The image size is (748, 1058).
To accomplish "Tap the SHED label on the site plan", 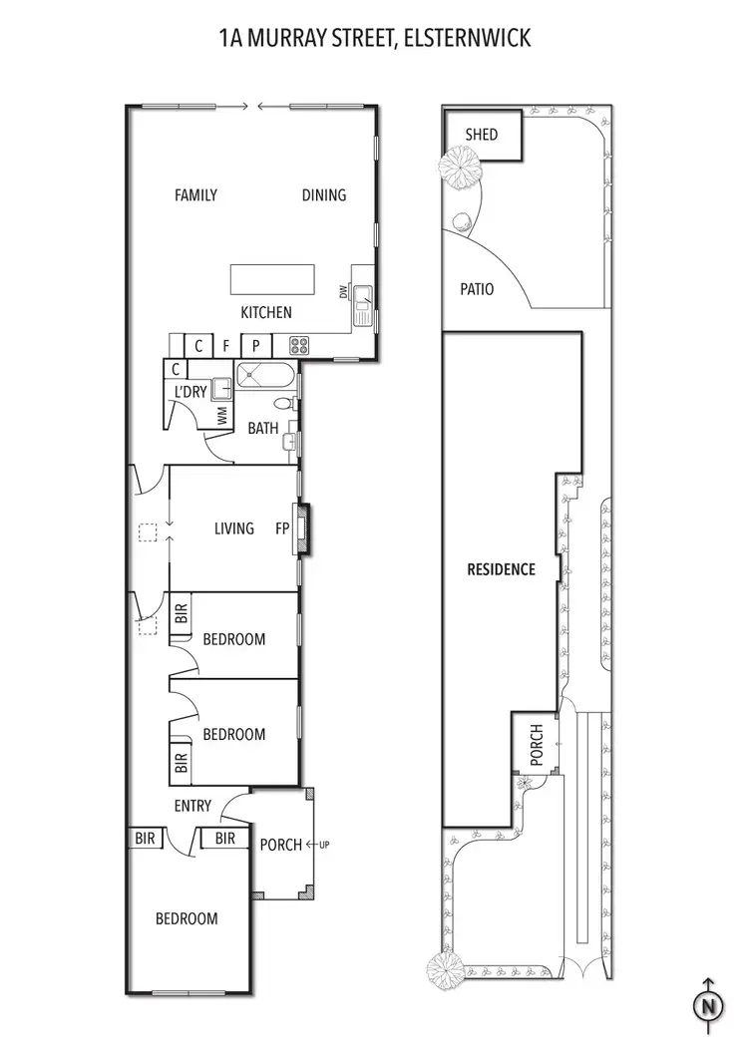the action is click(481, 135).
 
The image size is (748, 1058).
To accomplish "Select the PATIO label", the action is click(477, 289).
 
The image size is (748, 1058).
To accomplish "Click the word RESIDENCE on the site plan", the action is click(502, 569).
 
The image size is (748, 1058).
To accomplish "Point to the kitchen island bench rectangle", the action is click(273, 276).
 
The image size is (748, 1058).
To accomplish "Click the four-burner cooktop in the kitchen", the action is click(299, 346).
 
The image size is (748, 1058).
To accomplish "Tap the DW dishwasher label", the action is click(343, 292).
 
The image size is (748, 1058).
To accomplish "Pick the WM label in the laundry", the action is click(222, 415).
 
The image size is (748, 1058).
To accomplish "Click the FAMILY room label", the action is click(195, 195).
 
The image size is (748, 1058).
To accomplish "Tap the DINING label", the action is click(324, 195).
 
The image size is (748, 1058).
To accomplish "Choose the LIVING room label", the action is click(234, 529).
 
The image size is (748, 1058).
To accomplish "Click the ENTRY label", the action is click(193, 806).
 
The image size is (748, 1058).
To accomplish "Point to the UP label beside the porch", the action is click(325, 846).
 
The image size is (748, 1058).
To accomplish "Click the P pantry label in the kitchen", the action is click(255, 346).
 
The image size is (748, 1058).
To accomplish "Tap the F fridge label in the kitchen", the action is click(226, 346).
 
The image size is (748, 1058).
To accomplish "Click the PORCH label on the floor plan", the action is click(280, 845).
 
